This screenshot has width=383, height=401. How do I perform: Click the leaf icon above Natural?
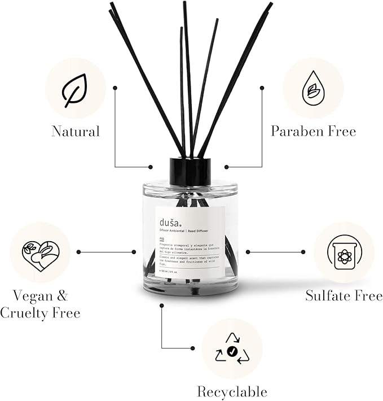[74, 89]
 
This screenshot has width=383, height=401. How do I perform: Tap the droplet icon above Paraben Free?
[313, 89]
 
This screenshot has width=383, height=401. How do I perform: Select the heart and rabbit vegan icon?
[40, 252]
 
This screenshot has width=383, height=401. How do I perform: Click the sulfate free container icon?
[344, 252]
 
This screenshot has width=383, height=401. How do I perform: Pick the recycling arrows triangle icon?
[232, 348]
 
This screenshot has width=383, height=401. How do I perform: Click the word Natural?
[75, 132]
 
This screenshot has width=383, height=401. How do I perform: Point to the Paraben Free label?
[313, 132]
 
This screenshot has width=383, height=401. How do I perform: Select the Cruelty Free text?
[40, 313]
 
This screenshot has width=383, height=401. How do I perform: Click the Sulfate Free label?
[344, 295]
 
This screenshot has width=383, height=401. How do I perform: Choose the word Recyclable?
[232, 391]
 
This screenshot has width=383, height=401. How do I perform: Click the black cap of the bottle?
[190, 171]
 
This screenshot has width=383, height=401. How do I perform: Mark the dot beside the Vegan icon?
[78, 252]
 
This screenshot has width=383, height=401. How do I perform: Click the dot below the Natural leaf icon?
[115, 88]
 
